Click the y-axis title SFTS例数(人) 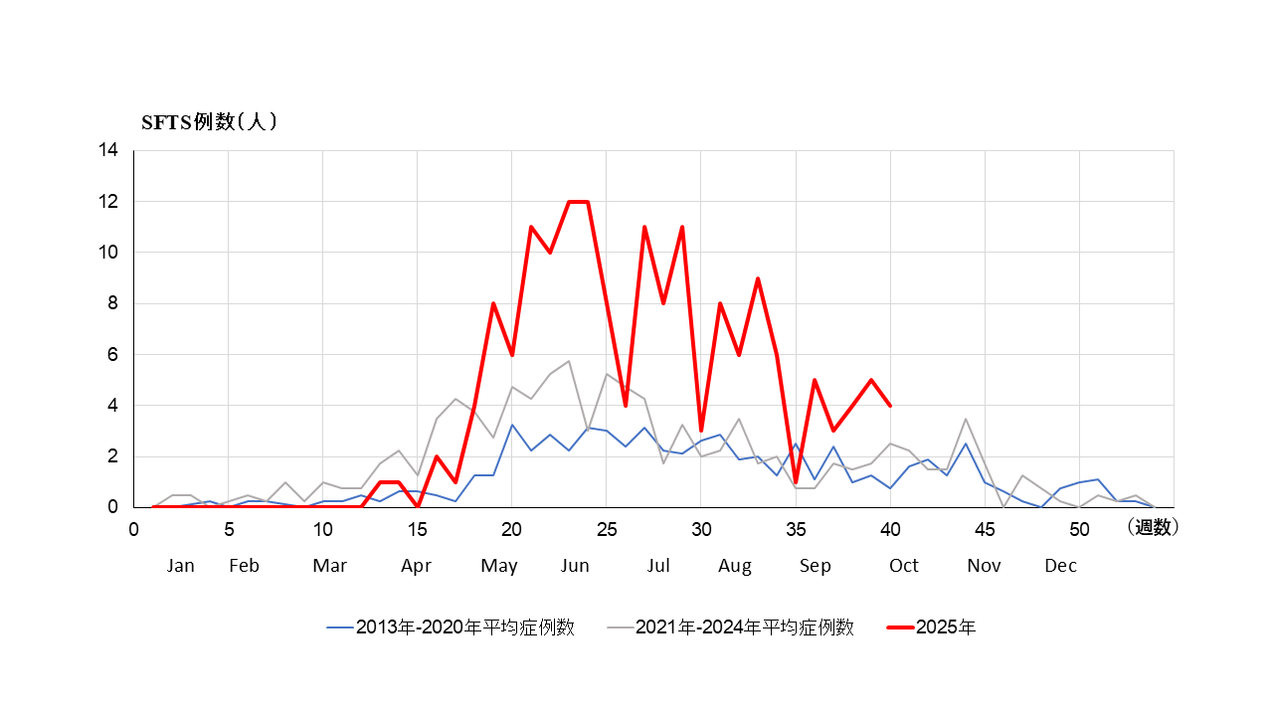coord(208,122)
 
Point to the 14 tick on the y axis coord(108,150)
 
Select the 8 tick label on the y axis coord(112,303)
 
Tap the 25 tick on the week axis coord(606,529)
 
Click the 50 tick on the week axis coord(1079,529)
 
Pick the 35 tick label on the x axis coord(796,529)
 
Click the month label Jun coord(575,566)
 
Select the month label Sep coord(816,566)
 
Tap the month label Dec coord(1060,566)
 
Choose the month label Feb coord(244,566)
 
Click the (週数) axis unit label coord(1153,528)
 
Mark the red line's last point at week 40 coord(890,406)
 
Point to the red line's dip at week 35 coord(796,482)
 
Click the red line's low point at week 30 coord(701,431)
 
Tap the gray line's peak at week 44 coord(966,419)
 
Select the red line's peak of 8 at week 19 coord(493,303)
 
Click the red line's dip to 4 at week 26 coord(626,406)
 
